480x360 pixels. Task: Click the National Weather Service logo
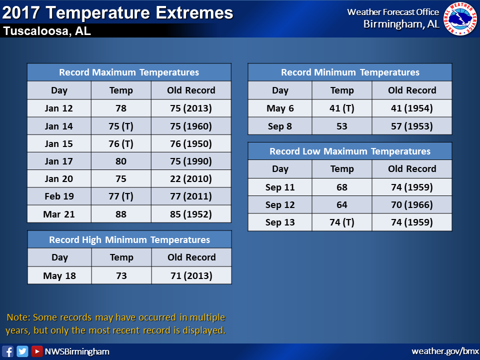460,18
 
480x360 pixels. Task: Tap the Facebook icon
7,351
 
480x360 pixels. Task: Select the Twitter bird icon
22,351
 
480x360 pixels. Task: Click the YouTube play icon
37,351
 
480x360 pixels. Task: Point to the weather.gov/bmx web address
445,351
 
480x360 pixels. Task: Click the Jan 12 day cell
59,108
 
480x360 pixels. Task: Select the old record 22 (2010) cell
191,179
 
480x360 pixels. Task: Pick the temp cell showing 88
121,214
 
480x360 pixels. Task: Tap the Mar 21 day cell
59,214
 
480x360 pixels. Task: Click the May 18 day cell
59,275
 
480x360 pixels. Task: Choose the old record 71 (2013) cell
191,275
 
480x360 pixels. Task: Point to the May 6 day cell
280,108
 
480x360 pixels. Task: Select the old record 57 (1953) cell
412,126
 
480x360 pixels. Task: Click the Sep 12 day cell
280,205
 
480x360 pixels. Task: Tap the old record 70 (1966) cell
412,205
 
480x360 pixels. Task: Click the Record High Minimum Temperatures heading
129,239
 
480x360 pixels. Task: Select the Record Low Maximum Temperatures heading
350,151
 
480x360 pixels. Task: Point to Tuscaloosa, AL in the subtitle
47,31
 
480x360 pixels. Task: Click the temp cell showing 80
121,161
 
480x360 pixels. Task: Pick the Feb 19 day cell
59,196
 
